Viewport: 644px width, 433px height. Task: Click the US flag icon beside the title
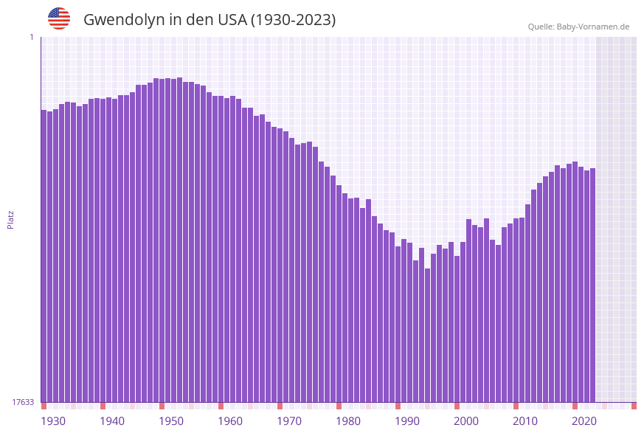tap(59, 18)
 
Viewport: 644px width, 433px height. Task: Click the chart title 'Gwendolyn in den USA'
tap(210, 20)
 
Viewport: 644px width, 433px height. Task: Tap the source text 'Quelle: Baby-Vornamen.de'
tap(578, 27)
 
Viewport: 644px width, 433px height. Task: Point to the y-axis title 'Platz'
tap(11, 220)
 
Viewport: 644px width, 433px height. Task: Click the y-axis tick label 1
tap(31, 37)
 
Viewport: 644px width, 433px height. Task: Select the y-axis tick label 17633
tap(23, 402)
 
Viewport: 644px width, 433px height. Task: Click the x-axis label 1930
tap(53, 421)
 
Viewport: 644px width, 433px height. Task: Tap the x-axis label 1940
tap(112, 421)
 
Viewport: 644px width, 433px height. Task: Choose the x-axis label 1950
tap(171, 421)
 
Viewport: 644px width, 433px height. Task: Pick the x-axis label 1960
tap(230, 421)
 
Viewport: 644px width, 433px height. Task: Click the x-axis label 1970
tap(289, 421)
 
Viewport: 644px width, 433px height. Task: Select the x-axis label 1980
tap(348, 421)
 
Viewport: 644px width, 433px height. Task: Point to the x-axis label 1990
tap(407, 421)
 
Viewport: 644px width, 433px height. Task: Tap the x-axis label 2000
tap(466, 421)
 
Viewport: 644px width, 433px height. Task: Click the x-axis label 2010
tap(525, 421)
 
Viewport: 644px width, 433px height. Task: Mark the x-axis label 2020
tap(584, 421)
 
